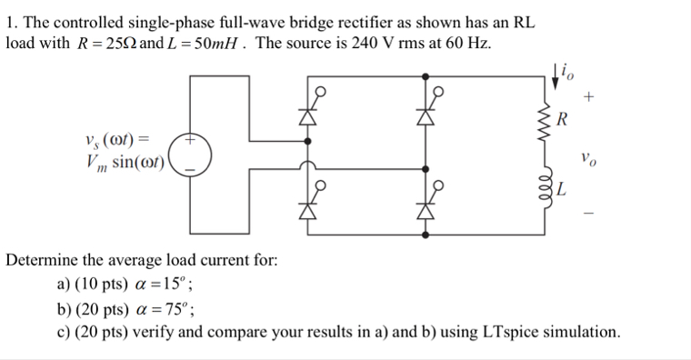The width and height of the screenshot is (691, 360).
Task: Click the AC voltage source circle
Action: tap(191, 155)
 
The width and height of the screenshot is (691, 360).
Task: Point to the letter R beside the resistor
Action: tap(562, 118)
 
